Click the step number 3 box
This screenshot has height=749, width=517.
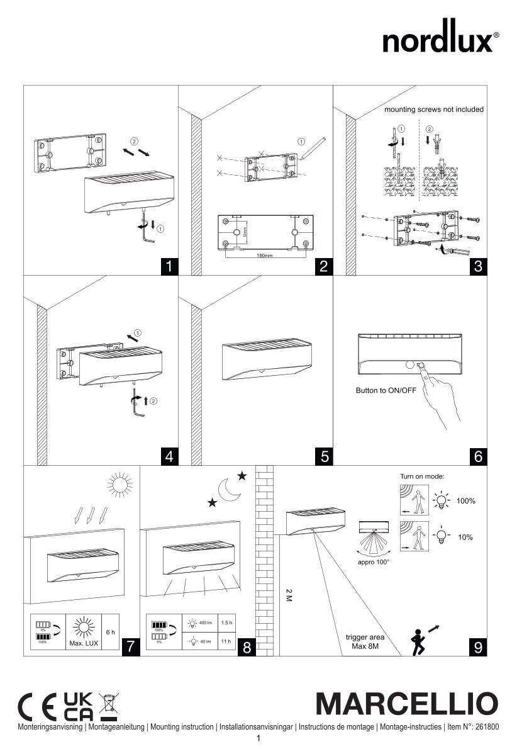click(x=478, y=266)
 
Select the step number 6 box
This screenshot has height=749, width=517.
click(x=478, y=456)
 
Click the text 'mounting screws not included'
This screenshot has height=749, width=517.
click(x=434, y=110)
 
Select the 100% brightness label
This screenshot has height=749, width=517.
click(x=466, y=501)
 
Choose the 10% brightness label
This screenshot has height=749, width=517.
click(x=465, y=537)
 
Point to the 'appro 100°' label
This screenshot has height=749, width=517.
click(x=374, y=561)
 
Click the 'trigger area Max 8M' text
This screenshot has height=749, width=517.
click(x=365, y=641)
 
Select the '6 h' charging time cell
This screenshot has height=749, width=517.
click(x=111, y=632)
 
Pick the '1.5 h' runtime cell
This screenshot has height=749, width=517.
click(x=226, y=622)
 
